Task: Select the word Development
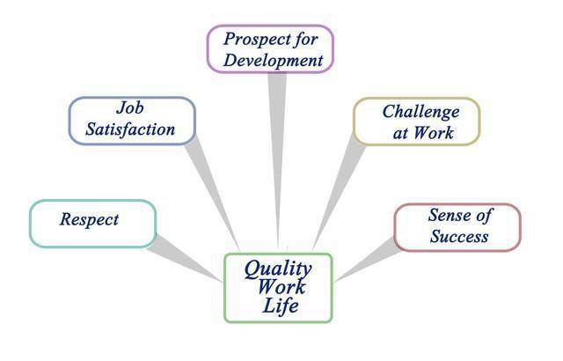tap(274, 60)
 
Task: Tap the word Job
tap(130, 107)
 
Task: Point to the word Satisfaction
tap(130, 129)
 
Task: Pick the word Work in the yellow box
tap(434, 133)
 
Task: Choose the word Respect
tap(89, 219)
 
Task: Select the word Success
tap(459, 236)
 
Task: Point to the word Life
tap(281, 306)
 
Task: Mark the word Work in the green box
tap(281, 286)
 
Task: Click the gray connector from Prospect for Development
tap(278, 160)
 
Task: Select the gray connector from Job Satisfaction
tap(213, 194)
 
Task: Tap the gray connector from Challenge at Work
tap(339, 192)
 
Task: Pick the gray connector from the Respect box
tap(185, 258)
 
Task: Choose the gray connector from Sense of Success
tap(369, 259)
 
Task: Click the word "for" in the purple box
tap(305, 40)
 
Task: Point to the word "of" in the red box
tap(483, 216)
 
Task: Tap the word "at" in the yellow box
tap(400, 134)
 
